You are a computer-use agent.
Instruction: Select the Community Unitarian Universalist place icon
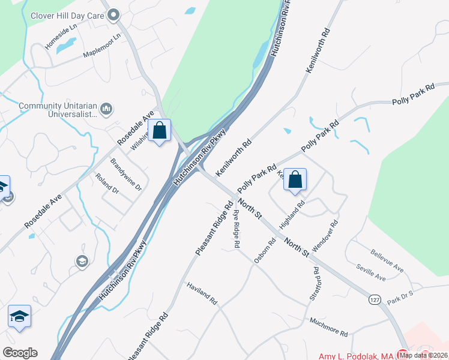click(107, 109)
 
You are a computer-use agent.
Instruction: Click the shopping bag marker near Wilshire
click(160, 131)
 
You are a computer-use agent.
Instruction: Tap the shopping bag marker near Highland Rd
click(295, 180)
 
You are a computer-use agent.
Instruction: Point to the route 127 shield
click(374, 298)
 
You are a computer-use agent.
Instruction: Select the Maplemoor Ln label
click(103, 45)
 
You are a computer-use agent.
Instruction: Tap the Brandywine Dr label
click(126, 175)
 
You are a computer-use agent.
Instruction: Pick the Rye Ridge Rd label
click(237, 229)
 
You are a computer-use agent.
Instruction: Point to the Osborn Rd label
click(264, 251)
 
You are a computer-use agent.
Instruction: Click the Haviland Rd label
click(202, 295)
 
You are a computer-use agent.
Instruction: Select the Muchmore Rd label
click(328, 328)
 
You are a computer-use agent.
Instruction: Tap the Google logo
click(20, 352)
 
